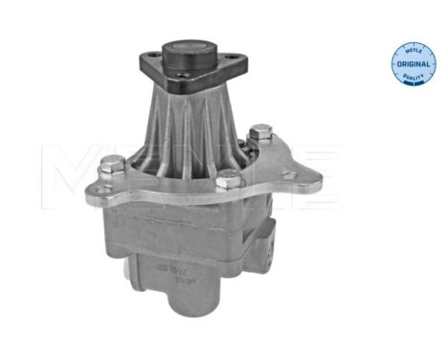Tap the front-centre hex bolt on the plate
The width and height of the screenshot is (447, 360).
click(x=226, y=180)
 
